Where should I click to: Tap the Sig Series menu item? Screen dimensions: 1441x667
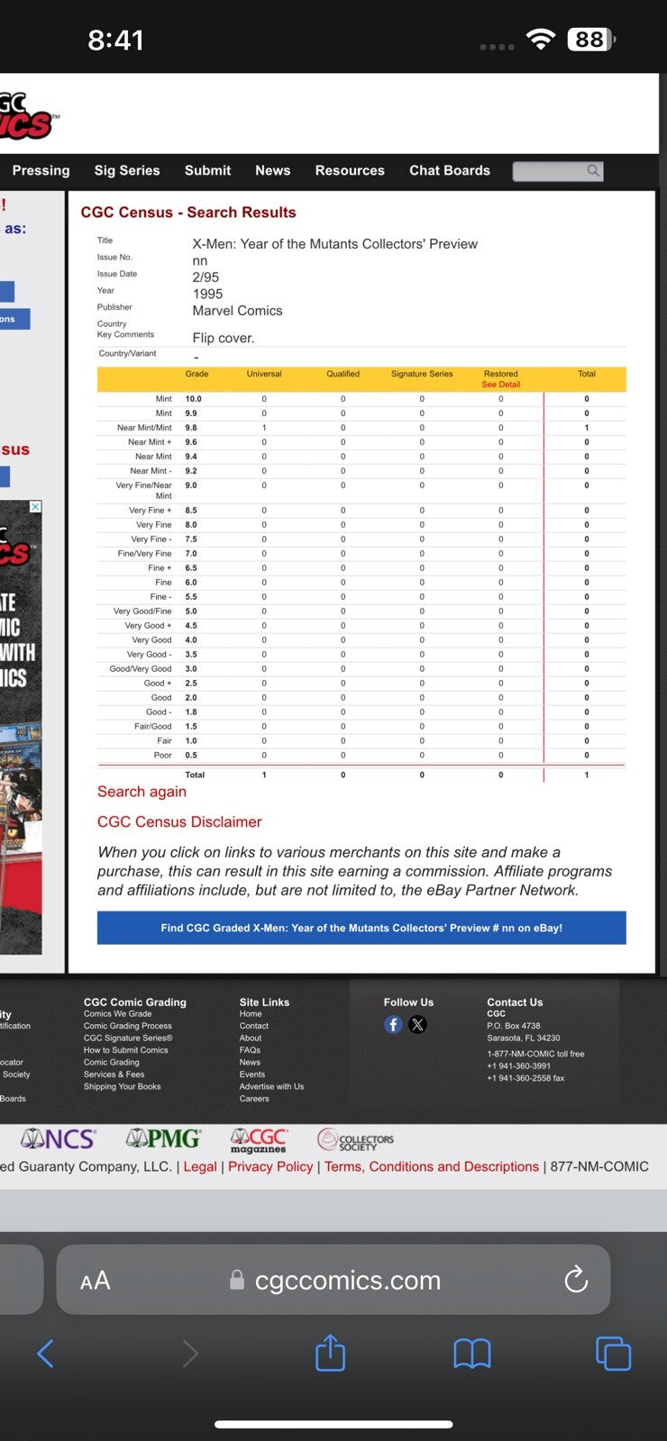coord(127,170)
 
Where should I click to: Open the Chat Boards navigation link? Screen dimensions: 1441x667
coord(450,170)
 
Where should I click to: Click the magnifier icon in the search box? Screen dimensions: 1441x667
coord(593,170)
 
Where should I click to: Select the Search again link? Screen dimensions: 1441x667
coord(142,792)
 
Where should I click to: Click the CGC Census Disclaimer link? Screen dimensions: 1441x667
coord(179,822)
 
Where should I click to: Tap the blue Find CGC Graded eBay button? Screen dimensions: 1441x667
coord(361,928)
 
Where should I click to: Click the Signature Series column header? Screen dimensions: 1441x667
coord(422,374)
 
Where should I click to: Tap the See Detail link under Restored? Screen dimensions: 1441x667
coord(501,385)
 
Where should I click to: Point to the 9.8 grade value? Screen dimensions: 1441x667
coord(192,428)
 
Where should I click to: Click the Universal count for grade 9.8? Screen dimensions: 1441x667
coord(264,428)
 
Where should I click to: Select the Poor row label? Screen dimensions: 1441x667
coord(162,756)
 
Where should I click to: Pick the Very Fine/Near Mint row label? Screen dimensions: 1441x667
coord(144,490)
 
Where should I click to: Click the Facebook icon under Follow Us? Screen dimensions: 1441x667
coord(393,1025)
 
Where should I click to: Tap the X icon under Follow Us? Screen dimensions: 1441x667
coord(417,1025)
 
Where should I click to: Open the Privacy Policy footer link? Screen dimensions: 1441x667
coord(270,1166)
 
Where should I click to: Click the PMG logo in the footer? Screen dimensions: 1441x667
coord(163,1139)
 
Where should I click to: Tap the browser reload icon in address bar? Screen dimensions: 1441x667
coord(576,1279)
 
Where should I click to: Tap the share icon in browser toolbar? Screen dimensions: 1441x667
coord(330,1353)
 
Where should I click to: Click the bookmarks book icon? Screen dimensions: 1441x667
coord(471,1353)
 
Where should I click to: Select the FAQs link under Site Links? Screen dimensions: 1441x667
coord(250,1050)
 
